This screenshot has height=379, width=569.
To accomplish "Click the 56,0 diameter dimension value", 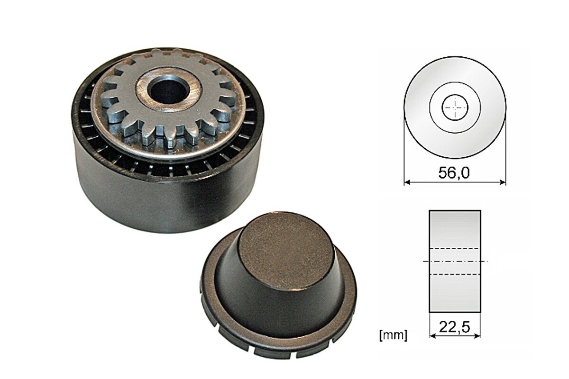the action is point(454,173).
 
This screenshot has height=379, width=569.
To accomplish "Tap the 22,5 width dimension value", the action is point(454,327).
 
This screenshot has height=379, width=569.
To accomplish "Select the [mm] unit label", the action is point(393,335).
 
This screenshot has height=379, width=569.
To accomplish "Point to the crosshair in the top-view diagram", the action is point(455,108).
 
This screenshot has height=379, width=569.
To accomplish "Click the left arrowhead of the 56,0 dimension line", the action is point(407,182).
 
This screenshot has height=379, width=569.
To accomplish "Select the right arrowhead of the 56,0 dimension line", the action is point(503,182).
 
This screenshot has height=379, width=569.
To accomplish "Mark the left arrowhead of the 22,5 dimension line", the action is point(432,336).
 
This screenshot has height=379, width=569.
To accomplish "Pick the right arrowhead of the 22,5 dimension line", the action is point(477,336).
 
